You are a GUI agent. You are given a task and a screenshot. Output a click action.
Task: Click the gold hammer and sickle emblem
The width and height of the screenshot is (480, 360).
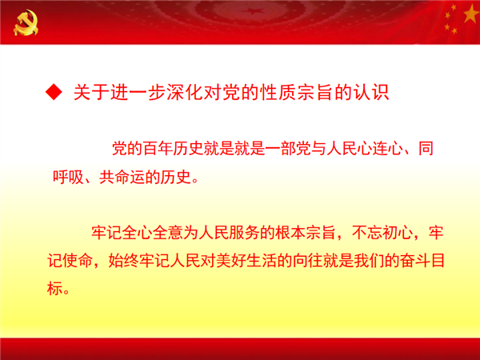tap(26, 22)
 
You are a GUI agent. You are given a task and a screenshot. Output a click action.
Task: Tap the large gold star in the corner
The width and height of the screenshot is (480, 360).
tap(472, 14)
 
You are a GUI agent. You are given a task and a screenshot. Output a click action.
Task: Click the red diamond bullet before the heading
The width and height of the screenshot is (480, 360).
tap(54, 92)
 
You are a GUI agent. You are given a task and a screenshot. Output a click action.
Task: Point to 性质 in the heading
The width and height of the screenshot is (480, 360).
tap(278, 92)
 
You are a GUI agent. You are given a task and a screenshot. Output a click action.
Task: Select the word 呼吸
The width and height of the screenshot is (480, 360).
tap(68, 177)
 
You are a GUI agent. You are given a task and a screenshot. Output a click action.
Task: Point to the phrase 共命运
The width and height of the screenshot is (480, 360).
tap(122, 177)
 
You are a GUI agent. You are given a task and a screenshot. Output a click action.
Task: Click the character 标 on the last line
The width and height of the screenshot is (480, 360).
tap(54, 288)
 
